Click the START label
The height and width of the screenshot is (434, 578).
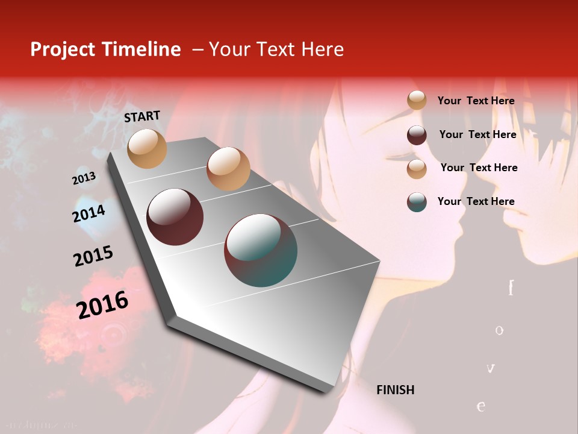coord(142,116)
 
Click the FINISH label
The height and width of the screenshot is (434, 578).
coord(395,390)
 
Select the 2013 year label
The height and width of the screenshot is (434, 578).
coord(84,178)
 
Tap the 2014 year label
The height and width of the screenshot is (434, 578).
coord(89,213)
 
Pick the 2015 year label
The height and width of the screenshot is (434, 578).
coord(93,256)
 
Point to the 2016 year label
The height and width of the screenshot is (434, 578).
coord(102,304)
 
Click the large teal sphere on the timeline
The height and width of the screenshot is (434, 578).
coord(261,250)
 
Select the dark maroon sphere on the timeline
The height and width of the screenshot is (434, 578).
coord(175,217)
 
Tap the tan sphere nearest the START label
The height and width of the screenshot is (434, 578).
coord(147,148)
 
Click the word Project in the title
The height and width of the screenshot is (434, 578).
coord(63,49)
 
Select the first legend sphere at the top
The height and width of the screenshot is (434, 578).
coord(417,100)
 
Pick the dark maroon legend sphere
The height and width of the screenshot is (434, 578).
coord(417,134)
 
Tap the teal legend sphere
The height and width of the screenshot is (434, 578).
coord(417,202)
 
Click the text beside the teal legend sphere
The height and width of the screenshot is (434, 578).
coord(476,201)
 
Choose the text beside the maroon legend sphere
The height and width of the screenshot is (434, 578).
coord(477,134)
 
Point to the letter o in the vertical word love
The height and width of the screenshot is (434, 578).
coord(499,330)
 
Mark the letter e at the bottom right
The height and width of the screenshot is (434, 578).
coord(481,406)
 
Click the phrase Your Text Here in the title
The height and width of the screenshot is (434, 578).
coord(276,49)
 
